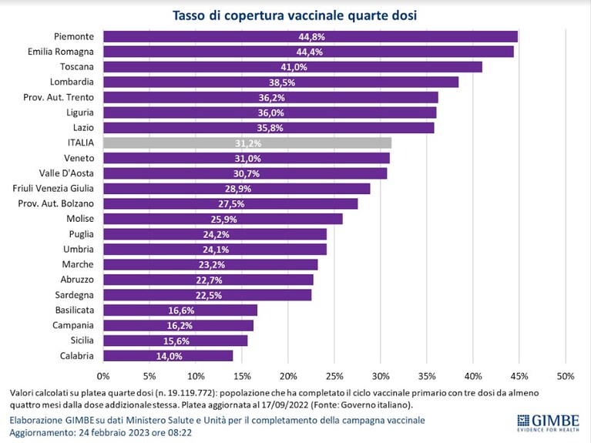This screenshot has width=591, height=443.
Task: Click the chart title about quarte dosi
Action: [x=295, y=15]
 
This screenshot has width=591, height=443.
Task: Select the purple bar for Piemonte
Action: [x=311, y=36]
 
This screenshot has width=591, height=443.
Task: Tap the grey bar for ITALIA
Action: [x=247, y=143]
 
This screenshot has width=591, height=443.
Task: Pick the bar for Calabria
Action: [x=168, y=356]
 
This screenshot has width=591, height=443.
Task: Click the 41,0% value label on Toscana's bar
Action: [x=294, y=67]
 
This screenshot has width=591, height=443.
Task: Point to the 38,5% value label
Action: [x=282, y=82]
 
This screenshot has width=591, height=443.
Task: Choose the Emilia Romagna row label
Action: [x=61, y=52]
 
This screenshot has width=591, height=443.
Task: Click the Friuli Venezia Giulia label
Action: [x=53, y=189]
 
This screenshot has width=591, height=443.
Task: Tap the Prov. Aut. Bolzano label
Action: [x=55, y=203]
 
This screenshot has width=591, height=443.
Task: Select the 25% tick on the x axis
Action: [x=334, y=376]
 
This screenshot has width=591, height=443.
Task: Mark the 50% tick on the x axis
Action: [x=566, y=376]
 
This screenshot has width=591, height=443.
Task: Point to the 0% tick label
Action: [x=103, y=376]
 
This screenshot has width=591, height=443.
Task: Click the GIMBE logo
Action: [x=549, y=423]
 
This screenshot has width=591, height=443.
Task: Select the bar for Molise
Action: [x=223, y=219]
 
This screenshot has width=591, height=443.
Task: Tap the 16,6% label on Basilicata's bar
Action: [x=181, y=310]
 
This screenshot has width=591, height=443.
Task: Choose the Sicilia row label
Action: [x=82, y=341]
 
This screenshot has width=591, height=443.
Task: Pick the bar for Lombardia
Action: [x=281, y=82]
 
